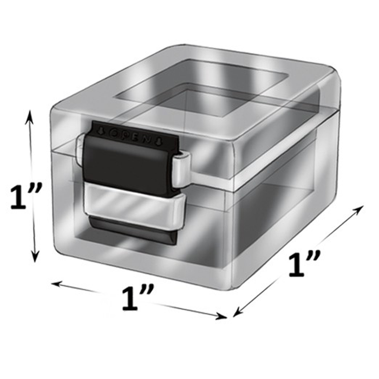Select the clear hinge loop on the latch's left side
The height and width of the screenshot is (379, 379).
tap(82, 147)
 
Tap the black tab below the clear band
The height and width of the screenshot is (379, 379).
tap(130, 230)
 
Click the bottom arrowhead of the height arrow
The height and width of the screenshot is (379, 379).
tap(35, 258)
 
